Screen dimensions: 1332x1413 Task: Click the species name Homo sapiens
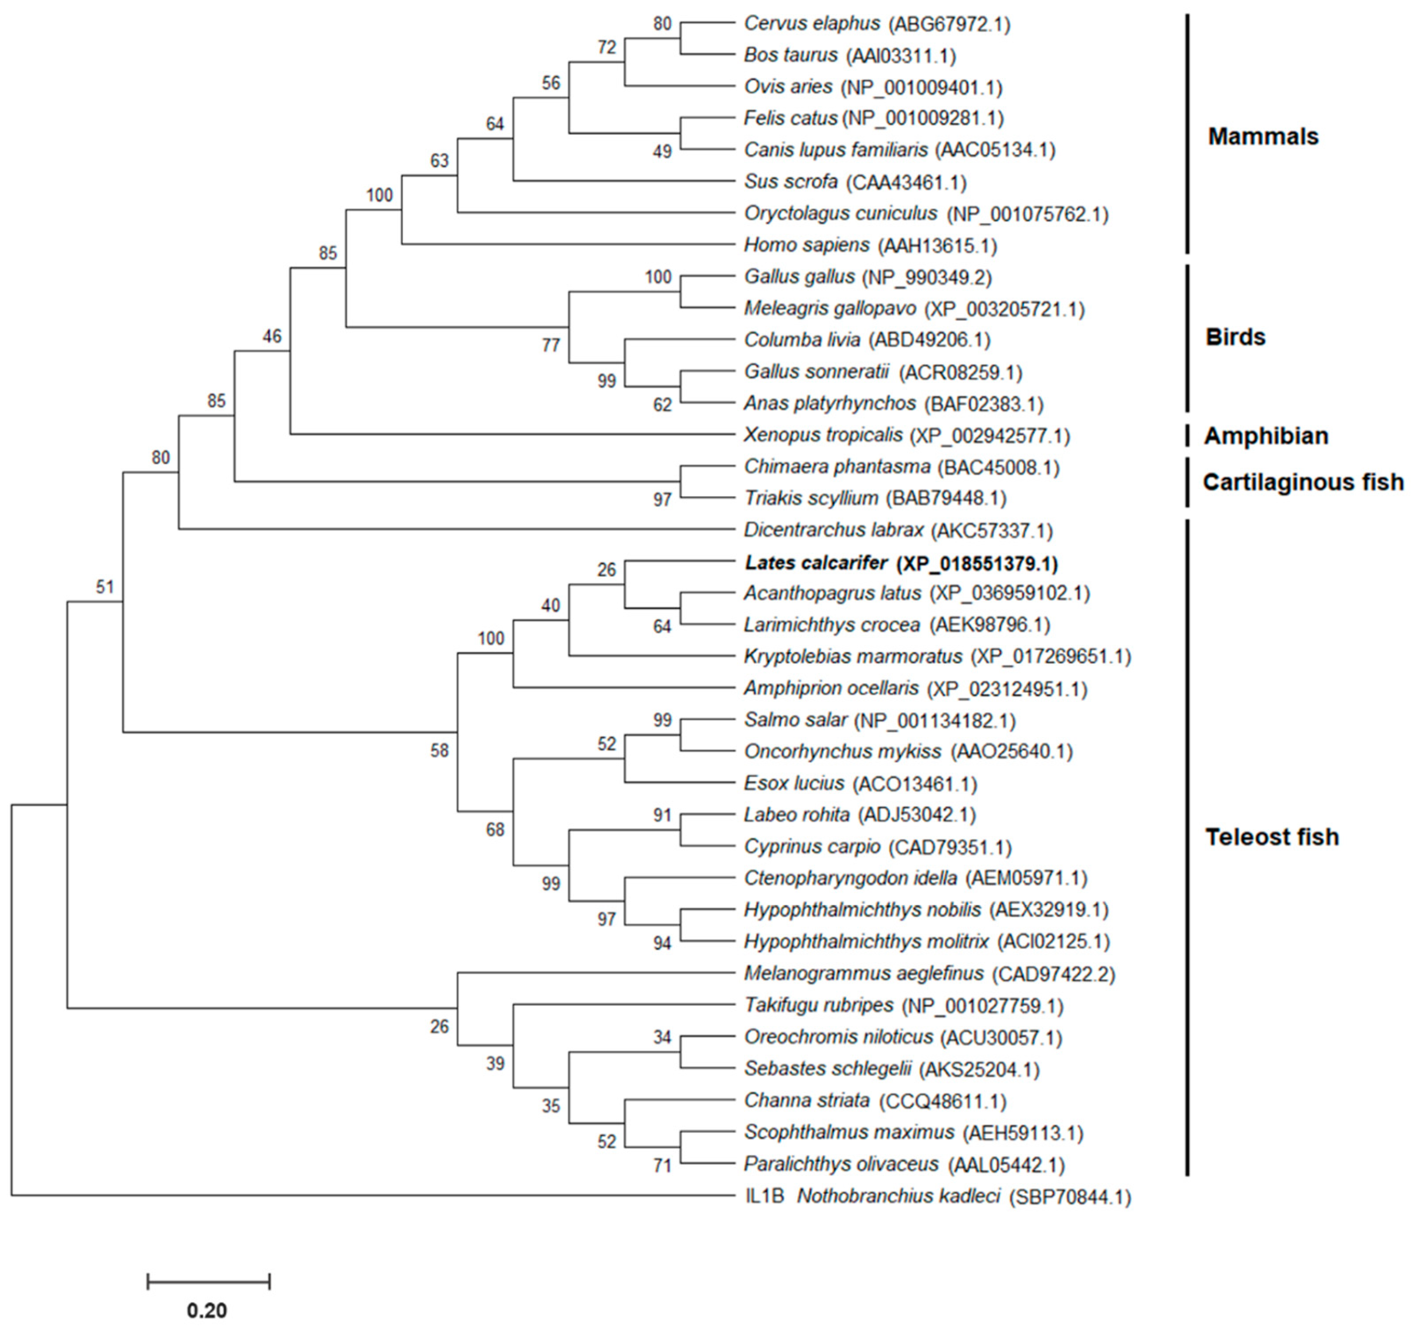pos(806,246)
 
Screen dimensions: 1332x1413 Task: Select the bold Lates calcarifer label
pos(816,563)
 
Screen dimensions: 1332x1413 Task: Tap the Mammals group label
pos(1263,137)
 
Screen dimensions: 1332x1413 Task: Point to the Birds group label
pos(1235,337)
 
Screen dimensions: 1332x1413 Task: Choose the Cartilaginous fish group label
pos(1303,482)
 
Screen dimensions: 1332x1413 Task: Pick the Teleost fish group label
pos(1272,837)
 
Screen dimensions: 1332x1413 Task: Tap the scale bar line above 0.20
pos(208,1282)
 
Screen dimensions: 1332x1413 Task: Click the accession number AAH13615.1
pos(938,246)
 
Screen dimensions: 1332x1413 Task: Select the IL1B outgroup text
pos(764,1196)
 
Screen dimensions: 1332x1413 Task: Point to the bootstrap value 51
pos(105,587)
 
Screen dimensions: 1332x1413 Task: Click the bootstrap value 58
pos(439,750)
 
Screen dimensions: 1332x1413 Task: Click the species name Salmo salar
pos(795,720)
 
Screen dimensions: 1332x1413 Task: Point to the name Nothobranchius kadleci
pos(899,1196)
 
